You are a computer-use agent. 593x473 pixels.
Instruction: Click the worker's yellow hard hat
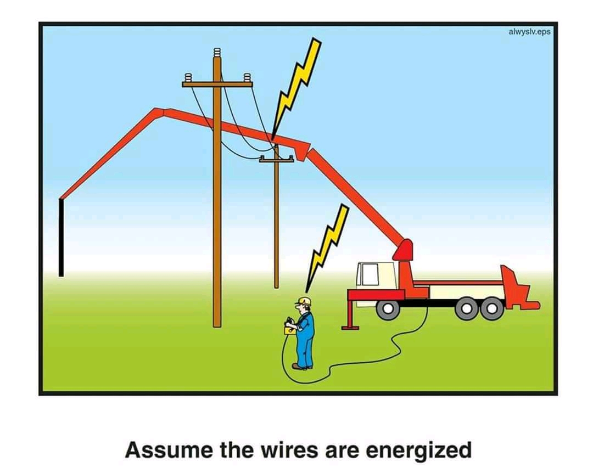coord(304,301)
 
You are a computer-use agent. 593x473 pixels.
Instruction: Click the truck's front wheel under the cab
coord(388,308)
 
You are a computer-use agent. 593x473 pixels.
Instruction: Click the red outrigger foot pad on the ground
coord(350,328)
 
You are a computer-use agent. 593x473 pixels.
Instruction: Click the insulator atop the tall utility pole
coord(217,54)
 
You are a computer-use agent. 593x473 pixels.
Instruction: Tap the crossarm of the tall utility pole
coord(217,84)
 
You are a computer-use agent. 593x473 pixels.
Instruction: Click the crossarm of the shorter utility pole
coord(276,160)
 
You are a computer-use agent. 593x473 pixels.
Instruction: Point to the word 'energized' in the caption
coord(418,450)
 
